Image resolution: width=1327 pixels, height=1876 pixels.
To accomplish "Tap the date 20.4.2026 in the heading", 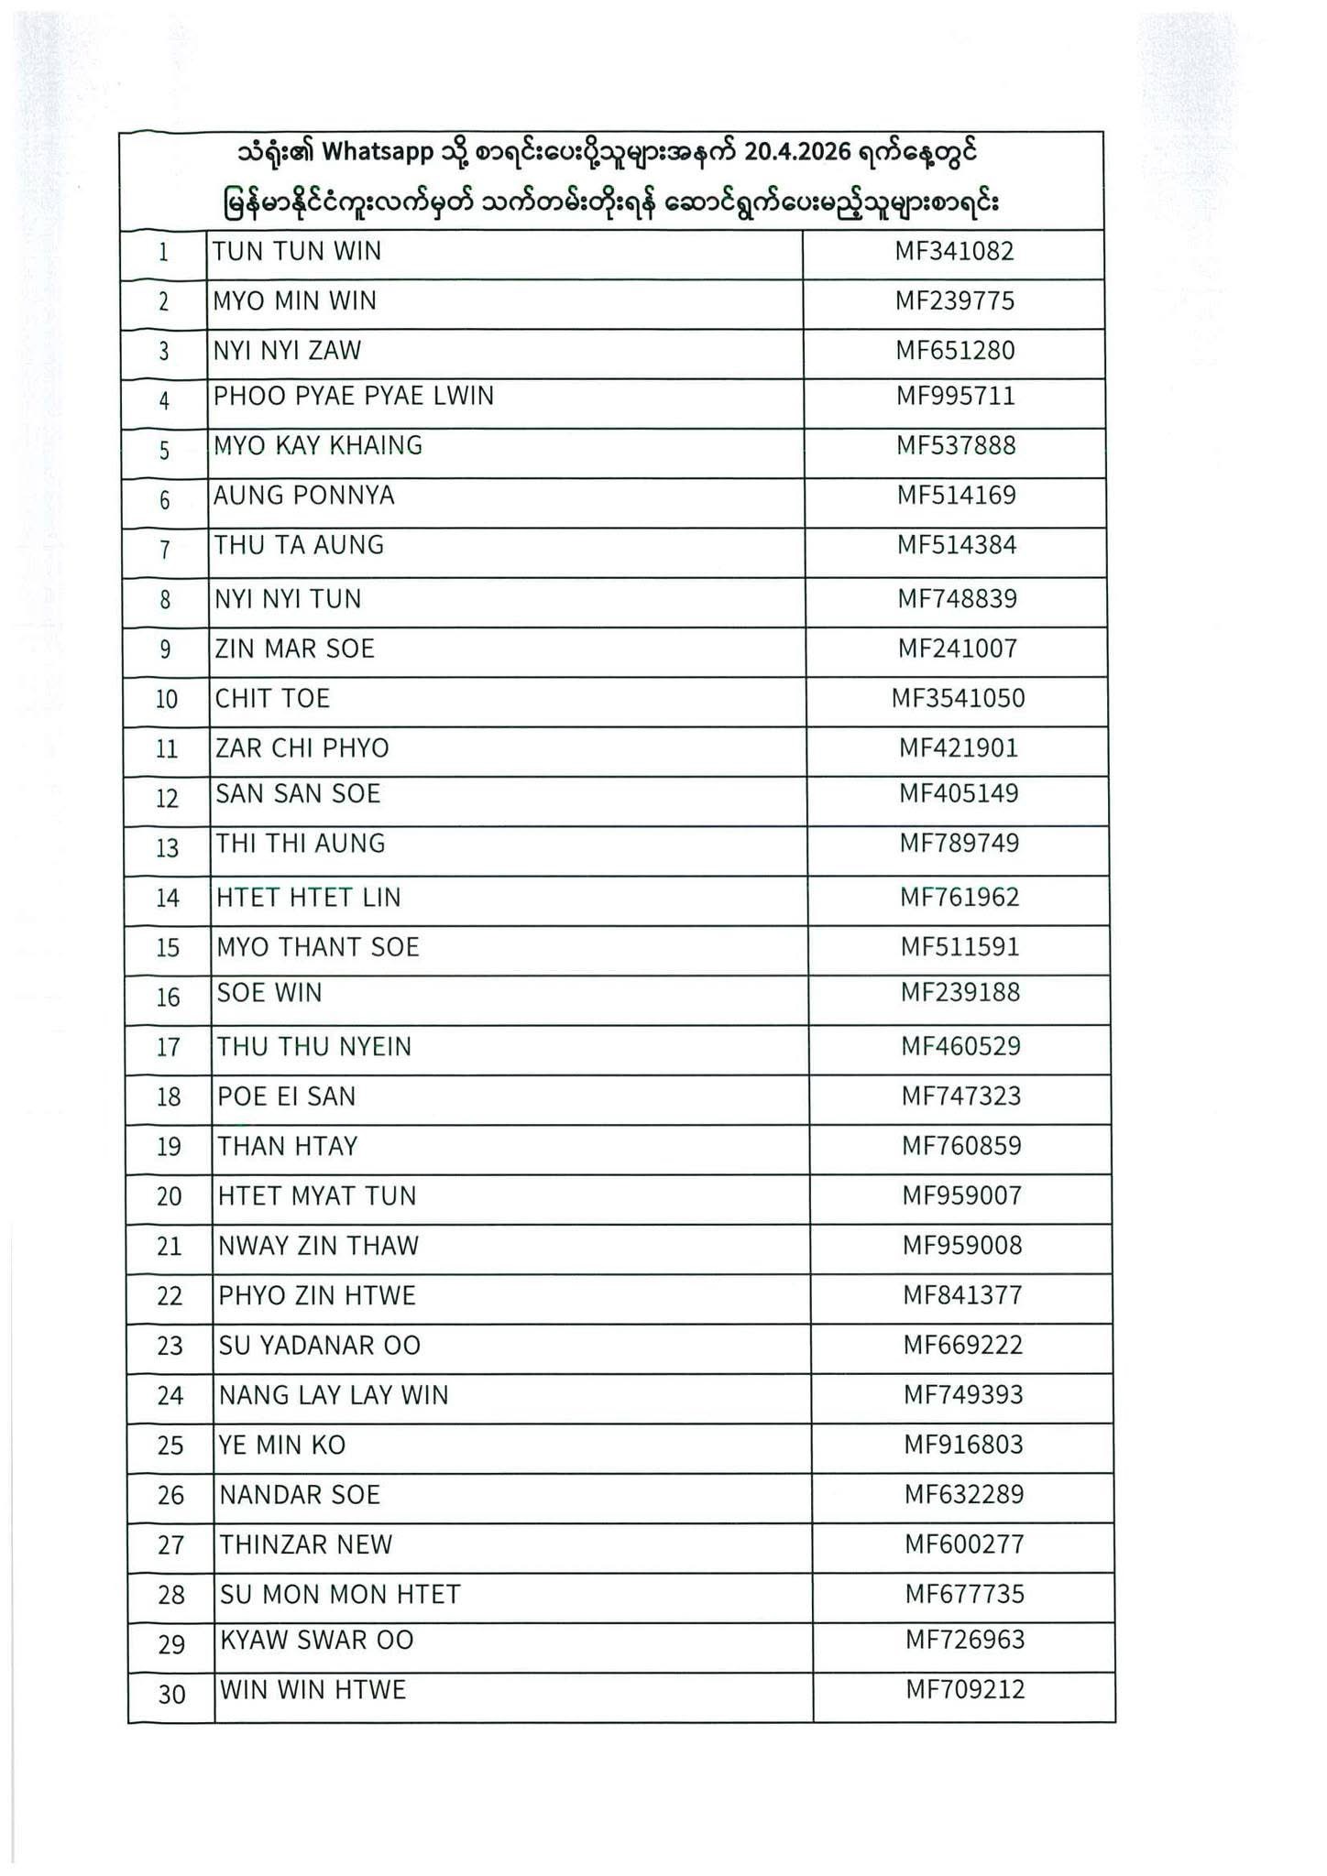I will point(791,152).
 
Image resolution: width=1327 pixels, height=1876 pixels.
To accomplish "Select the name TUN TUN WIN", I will point(297,251).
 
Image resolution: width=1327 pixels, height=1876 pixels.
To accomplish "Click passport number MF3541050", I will point(958,699).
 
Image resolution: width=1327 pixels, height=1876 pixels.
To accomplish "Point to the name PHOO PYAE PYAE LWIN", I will point(354,396).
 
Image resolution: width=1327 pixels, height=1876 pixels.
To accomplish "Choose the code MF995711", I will point(956,396).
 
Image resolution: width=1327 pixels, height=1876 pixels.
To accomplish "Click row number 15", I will point(168,947).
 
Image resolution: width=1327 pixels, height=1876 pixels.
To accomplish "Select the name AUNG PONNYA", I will point(304,496).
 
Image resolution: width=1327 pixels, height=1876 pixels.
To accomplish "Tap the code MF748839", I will point(957,599).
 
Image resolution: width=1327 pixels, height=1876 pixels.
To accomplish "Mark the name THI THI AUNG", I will point(301,844).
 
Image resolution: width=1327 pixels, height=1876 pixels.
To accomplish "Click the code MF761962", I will point(960,897).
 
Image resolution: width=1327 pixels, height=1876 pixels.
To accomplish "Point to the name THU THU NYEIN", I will point(314,1046).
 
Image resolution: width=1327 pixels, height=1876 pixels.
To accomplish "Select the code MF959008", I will point(962,1246).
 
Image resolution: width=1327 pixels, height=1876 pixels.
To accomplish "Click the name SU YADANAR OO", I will point(320,1346).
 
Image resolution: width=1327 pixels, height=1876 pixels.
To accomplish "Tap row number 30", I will point(172,1695).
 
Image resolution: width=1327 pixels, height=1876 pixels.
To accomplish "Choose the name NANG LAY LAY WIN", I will point(334,1395).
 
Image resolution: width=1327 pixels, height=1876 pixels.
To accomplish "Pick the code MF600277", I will point(964,1544).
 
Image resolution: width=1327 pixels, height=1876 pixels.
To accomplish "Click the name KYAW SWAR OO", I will point(317,1640).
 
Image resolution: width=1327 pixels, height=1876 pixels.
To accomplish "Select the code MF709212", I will point(965,1689).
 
